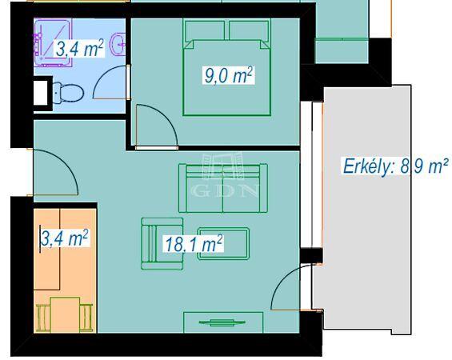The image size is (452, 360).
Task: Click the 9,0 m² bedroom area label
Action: [x=229, y=75]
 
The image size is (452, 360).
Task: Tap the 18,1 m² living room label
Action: [x=194, y=244]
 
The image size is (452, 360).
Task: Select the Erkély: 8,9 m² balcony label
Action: [x=395, y=166]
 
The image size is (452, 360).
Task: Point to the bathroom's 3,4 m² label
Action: [x=79, y=48]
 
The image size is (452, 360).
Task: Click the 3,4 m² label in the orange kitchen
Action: [x=64, y=238]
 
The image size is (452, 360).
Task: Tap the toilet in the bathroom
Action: [x=68, y=93]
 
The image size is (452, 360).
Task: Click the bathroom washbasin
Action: [x=118, y=45]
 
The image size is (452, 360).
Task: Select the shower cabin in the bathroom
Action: [x=53, y=42]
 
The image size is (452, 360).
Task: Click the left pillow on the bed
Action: [x=205, y=30]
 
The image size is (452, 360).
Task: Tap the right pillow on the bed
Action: [x=249, y=30]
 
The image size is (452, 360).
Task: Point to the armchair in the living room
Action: [x=162, y=243]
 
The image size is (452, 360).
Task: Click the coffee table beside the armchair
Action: [x=223, y=243]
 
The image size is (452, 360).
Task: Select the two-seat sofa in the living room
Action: [x=223, y=188]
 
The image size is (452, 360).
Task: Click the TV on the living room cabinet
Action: [x=222, y=322]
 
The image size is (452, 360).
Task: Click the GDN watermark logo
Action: [x=226, y=175]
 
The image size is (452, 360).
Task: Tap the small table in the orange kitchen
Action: [x=65, y=314]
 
